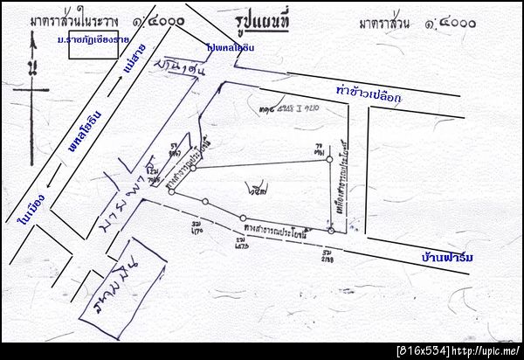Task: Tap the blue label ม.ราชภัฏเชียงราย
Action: click(x=93, y=40)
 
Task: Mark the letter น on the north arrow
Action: click(x=32, y=66)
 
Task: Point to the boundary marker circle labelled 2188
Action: click(x=331, y=230)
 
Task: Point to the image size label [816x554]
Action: click(x=423, y=350)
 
